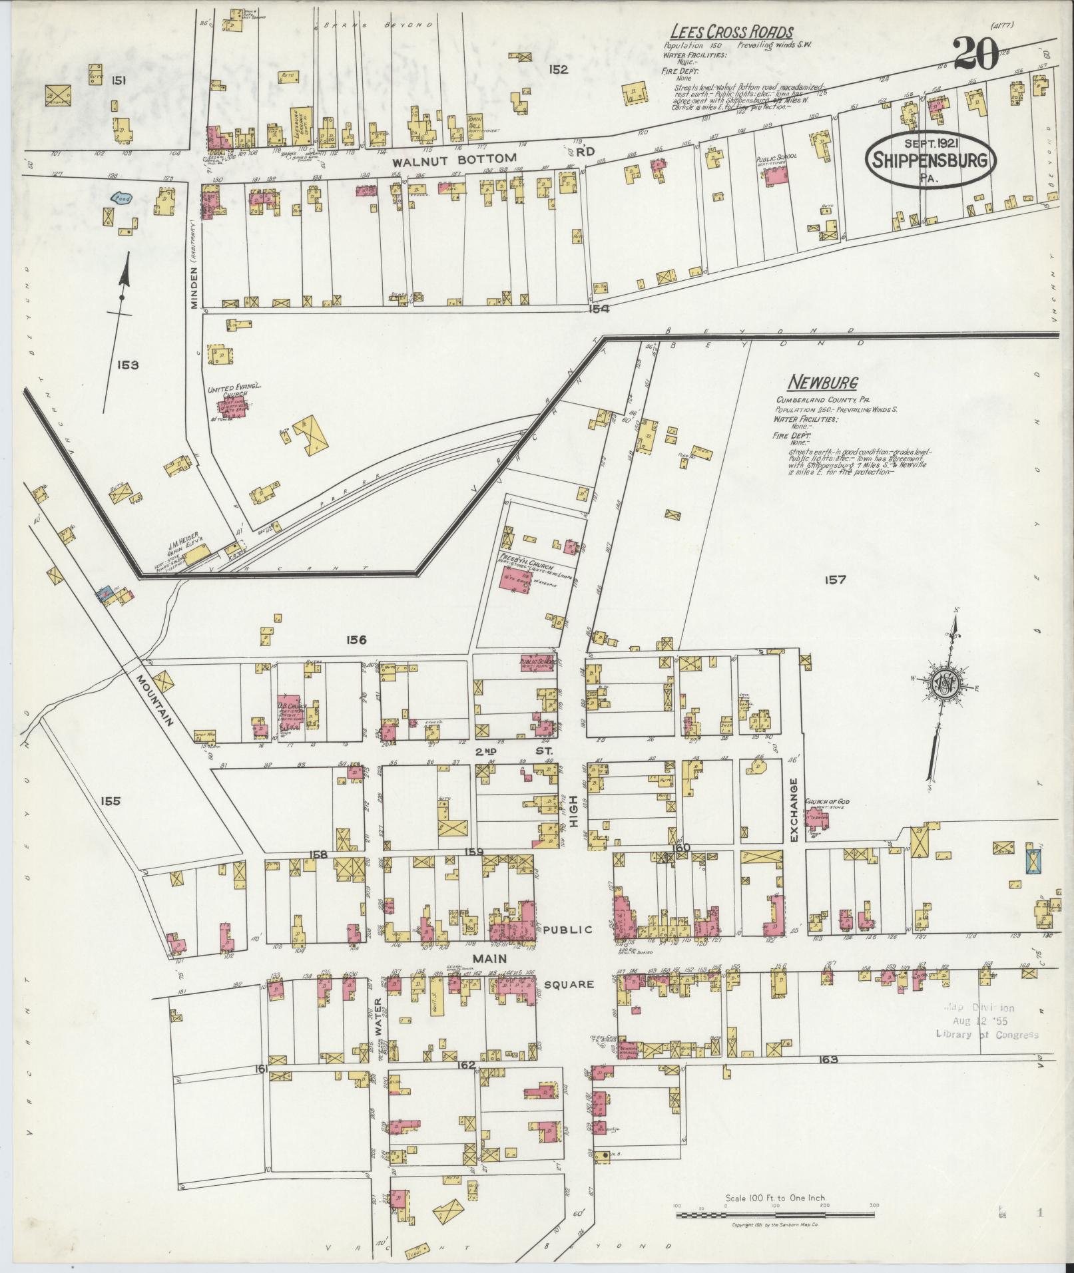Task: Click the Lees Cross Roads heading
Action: tap(731, 32)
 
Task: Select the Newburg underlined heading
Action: tap(822, 383)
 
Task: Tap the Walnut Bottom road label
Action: tap(453, 159)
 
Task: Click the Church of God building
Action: tap(816, 817)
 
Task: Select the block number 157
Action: tap(834, 580)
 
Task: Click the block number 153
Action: tap(127, 365)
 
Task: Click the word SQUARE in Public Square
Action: tap(567, 984)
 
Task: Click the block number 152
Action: tap(558, 69)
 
